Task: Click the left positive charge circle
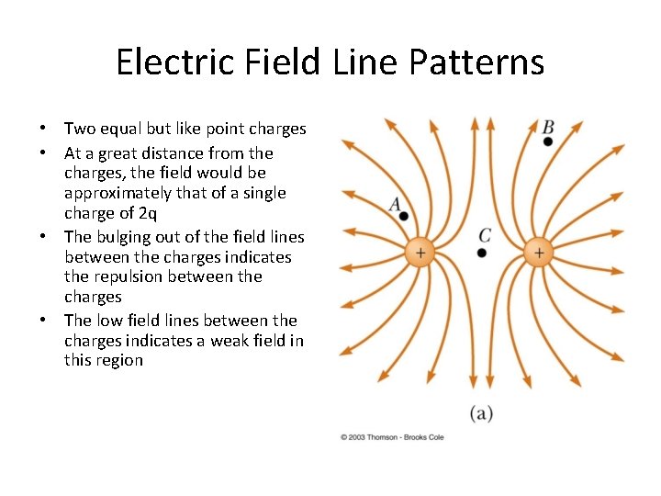click(420, 252)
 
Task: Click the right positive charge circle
click(538, 252)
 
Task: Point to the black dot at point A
click(404, 216)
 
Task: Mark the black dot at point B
click(548, 141)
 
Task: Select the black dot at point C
click(483, 251)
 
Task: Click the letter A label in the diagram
click(396, 204)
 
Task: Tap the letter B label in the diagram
click(548, 127)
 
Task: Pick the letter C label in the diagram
click(484, 235)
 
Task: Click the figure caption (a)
click(482, 413)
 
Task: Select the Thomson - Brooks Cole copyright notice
click(392, 437)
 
